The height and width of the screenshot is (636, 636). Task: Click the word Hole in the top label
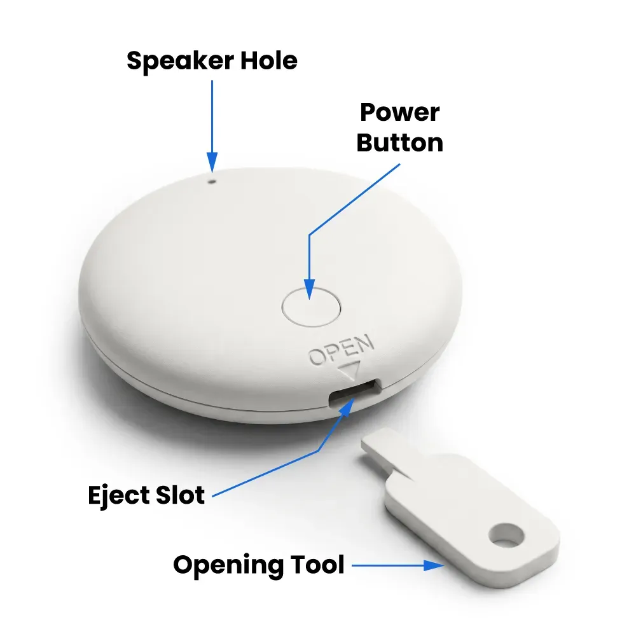(269, 60)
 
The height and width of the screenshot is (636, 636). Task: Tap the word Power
(399, 112)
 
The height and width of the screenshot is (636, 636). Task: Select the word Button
(400, 142)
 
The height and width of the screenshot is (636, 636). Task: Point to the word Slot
(180, 495)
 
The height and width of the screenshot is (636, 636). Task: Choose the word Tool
(317, 565)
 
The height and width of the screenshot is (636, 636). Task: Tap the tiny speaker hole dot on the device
(212, 181)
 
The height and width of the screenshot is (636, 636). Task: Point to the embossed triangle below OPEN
(350, 370)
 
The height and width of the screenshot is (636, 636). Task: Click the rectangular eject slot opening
(354, 392)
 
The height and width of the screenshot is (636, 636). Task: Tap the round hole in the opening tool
(506, 534)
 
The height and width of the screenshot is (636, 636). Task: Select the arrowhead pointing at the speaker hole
(212, 162)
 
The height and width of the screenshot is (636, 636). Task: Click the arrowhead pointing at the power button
(310, 289)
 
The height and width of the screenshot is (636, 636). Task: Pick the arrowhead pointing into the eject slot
(347, 407)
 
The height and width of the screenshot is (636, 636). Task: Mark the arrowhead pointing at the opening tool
(434, 565)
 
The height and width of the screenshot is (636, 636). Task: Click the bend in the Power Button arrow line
(310, 235)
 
